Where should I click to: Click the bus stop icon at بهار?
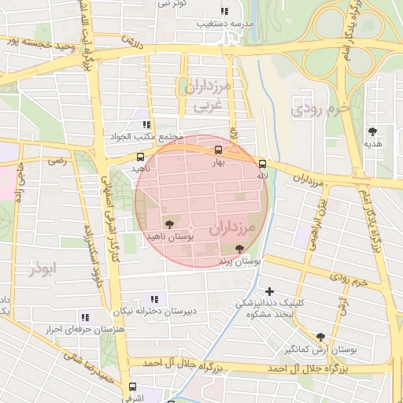pyautogui.click(x=218, y=150)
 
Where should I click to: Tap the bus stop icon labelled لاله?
pyautogui.click(x=262, y=164)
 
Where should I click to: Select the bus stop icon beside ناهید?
pyautogui.click(x=140, y=157)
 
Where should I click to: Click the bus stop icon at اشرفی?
pyautogui.click(x=132, y=386)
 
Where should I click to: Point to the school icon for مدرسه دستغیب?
pyautogui.click(x=224, y=12)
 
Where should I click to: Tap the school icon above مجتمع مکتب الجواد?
pyautogui.click(x=146, y=124)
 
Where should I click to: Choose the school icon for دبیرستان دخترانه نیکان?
pyautogui.click(x=154, y=299)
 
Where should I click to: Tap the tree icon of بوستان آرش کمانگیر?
pyautogui.click(x=320, y=336)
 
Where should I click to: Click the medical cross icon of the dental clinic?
pyautogui.click(x=269, y=291)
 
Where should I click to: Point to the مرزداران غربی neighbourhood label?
pyautogui.click(x=209, y=95)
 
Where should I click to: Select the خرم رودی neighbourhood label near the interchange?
pyautogui.click(x=319, y=109)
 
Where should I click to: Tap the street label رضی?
pyautogui.click(x=57, y=161)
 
